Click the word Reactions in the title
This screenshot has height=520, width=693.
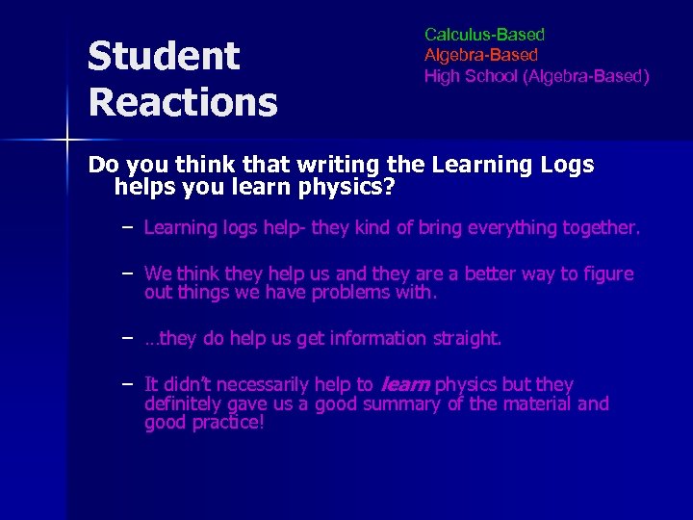point(182,100)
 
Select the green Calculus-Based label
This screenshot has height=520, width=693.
point(484,35)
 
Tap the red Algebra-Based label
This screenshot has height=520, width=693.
point(481,55)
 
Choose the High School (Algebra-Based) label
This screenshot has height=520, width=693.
point(536,75)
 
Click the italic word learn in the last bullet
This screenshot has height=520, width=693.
point(405,384)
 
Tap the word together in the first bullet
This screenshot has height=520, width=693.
point(595,227)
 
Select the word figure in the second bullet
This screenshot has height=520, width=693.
point(605,273)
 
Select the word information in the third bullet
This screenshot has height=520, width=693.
point(377,338)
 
